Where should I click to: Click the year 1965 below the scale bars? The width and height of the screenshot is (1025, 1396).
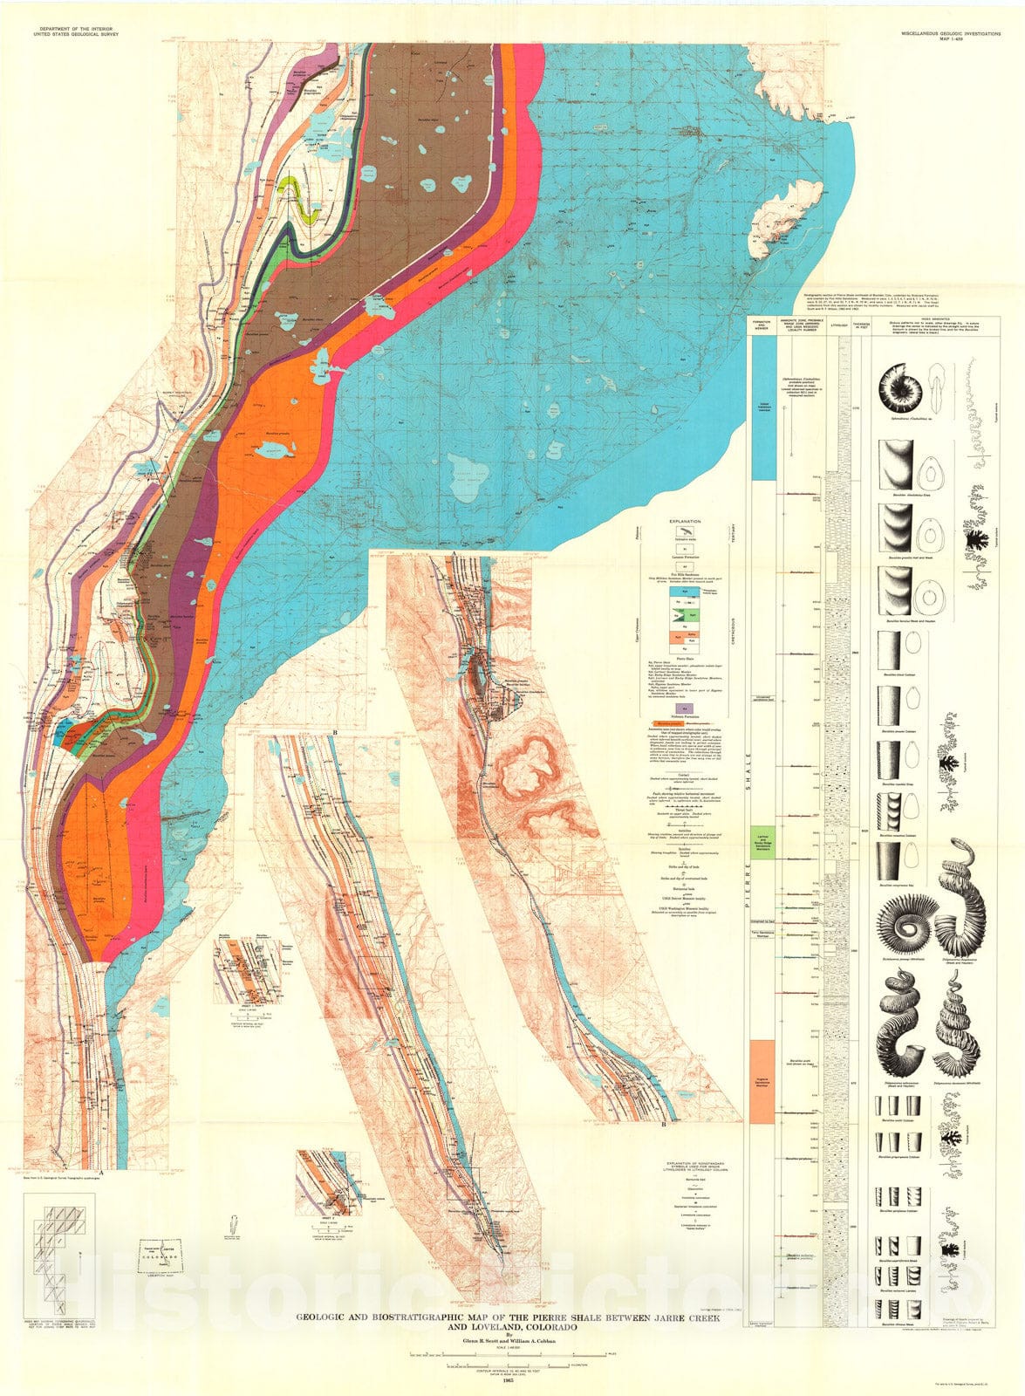tap(512, 1386)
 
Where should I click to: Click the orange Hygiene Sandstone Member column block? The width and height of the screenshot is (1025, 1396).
tap(762, 1080)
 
